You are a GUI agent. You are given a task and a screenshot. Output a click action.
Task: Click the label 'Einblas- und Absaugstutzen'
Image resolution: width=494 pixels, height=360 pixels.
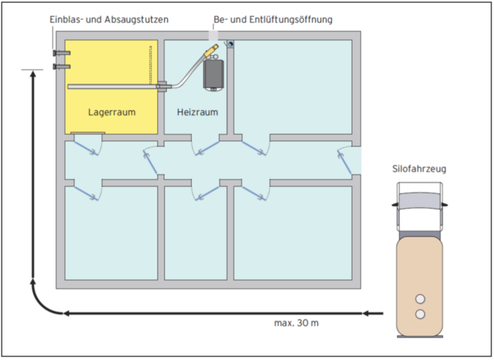coord(109,19)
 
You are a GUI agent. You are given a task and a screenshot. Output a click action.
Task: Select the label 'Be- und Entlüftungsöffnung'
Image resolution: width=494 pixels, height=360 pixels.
coord(273,19)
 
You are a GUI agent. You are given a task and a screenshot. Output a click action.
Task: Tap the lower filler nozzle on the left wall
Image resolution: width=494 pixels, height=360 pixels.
coord(58,66)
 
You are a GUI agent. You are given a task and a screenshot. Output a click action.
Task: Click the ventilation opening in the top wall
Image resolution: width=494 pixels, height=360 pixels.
coord(215,35)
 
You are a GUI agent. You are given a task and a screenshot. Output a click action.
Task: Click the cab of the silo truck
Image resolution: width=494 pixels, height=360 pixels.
coord(418,203)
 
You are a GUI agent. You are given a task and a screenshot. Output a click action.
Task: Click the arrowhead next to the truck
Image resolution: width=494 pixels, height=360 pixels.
coord(369,313)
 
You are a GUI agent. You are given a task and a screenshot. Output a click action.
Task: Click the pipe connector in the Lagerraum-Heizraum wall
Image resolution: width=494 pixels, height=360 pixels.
coord(161,86)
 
